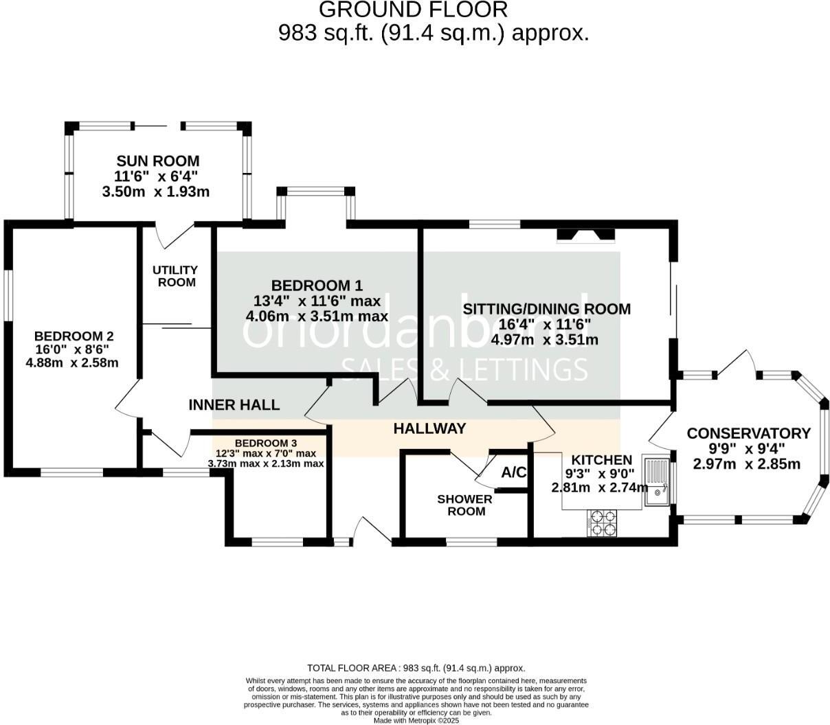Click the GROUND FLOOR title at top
tap(414, 10)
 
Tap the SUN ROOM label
tap(158, 161)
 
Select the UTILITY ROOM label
tap(175, 276)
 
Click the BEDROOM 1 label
tap(317, 286)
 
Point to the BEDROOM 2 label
tap(74, 336)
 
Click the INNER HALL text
tap(234, 405)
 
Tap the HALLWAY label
tap(429, 428)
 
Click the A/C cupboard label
tap(514, 472)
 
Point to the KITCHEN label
tap(602, 460)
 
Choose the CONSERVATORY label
tap(749, 433)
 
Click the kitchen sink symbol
tap(657, 481)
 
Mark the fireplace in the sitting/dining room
tap(585, 235)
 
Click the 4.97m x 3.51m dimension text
tap(546, 339)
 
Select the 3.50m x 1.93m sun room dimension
tap(155, 192)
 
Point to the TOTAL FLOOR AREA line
tap(416, 668)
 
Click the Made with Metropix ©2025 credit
tap(416, 720)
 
